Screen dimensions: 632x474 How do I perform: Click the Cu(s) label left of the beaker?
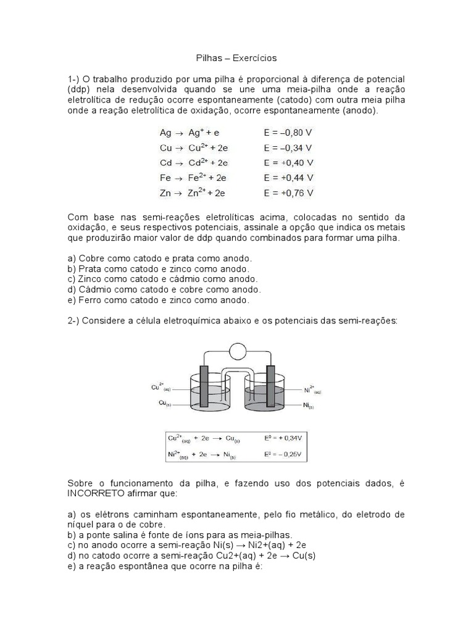tap(162, 404)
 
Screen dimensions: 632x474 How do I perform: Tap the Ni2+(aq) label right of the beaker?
tap(312, 389)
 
